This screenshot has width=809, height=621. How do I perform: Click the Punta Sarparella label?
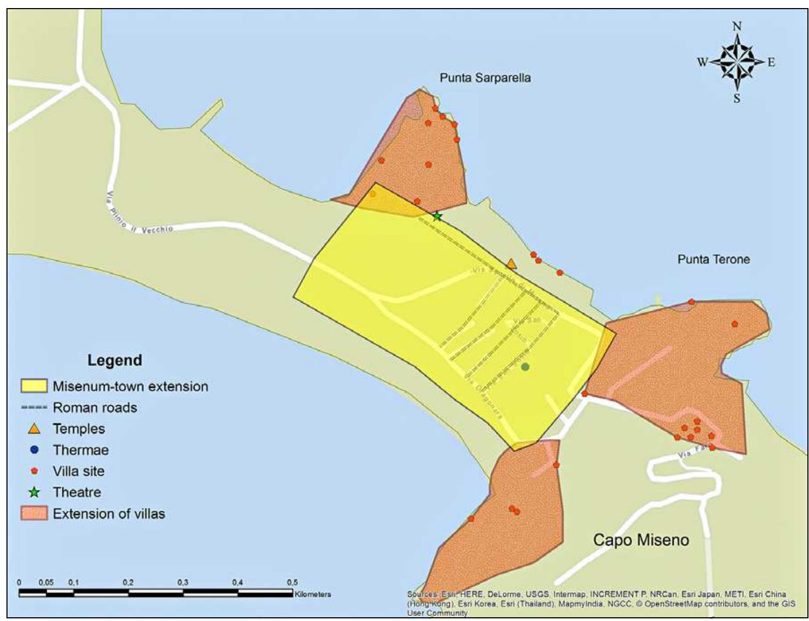tap(485, 78)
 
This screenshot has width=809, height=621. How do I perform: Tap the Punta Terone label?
tap(713, 259)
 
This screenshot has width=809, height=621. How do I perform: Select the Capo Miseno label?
tap(641, 540)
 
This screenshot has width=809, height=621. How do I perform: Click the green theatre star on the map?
tap(437, 216)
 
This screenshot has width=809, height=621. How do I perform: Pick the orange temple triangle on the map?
tap(511, 264)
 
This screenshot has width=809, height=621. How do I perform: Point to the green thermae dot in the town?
tap(525, 367)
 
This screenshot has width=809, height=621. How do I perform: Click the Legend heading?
tap(114, 360)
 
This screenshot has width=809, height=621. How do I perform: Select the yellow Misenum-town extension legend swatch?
tap(34, 386)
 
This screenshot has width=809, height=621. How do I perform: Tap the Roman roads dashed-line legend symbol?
tap(34, 408)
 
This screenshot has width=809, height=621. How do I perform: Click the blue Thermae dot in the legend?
tap(34, 449)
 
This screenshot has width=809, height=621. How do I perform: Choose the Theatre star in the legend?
tap(34, 492)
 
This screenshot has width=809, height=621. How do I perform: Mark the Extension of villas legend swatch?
tap(34, 513)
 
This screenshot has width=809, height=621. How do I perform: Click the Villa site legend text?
tap(78, 471)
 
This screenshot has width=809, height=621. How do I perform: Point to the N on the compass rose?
tap(736, 26)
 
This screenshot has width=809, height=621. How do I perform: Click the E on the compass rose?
tap(771, 62)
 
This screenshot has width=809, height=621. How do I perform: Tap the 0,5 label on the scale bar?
tap(292, 582)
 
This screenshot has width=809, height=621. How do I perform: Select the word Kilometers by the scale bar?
tap(313, 594)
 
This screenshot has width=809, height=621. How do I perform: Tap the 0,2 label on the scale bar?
tap(128, 582)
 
